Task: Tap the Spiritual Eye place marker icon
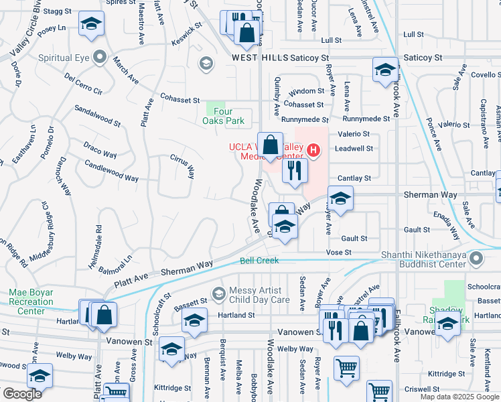point(100,57)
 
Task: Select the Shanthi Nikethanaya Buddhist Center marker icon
point(476,258)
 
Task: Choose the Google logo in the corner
point(22,394)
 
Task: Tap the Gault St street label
point(354,238)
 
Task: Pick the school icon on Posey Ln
point(90,25)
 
